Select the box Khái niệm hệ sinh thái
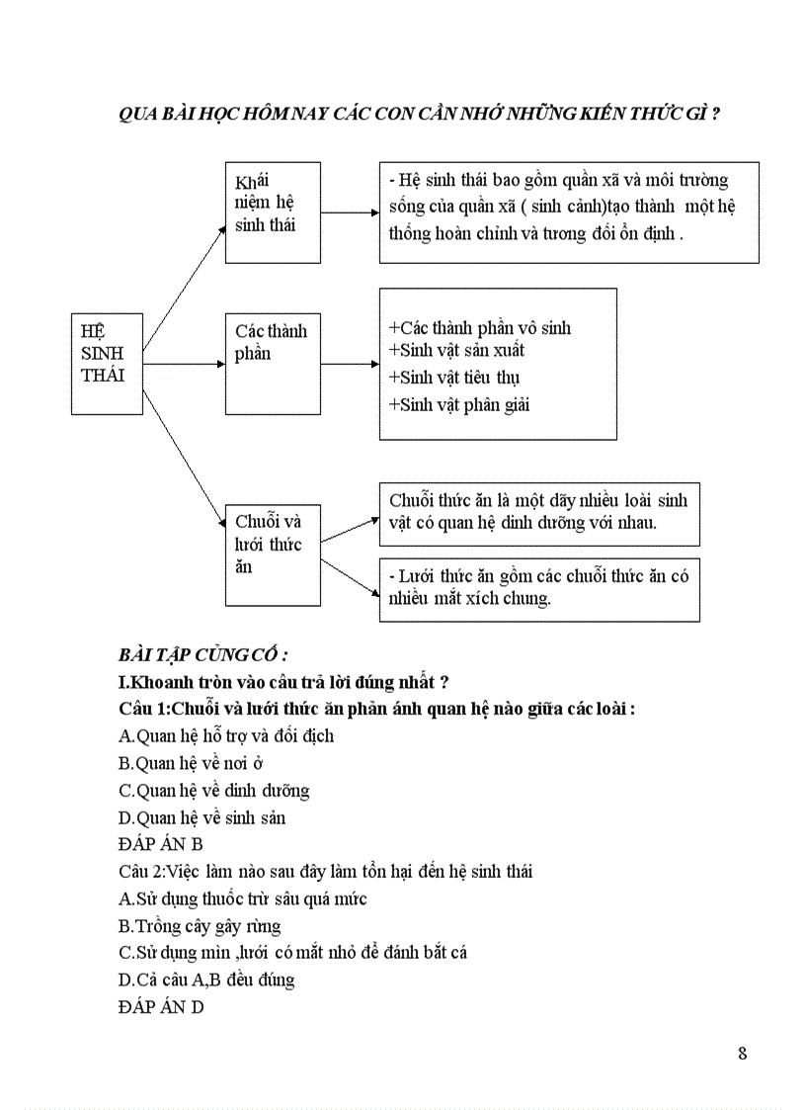coord(273,212)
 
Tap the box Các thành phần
coord(273,364)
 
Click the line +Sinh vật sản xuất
coord(456,351)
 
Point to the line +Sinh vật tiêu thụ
coord(454,378)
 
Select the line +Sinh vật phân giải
coord(459,404)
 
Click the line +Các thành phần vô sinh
coord(480,328)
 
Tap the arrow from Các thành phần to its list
coord(350,364)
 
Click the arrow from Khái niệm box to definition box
coord(350,213)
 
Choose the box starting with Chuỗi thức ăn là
coord(539,513)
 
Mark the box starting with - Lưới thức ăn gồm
coord(539,589)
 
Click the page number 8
coord(742,1052)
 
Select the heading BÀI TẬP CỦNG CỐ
coord(202,655)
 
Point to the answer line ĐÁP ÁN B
coord(160,844)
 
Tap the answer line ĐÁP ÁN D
coord(160,1009)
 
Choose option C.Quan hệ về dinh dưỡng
coord(213,791)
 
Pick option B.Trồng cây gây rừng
coord(199,926)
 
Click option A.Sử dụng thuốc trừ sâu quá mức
coord(242,898)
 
